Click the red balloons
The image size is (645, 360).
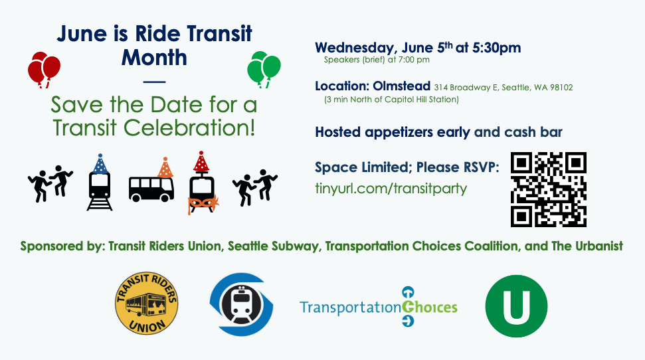[44, 69]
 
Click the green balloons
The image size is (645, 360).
[264, 68]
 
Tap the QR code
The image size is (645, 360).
[548, 189]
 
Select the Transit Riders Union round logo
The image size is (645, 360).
[146, 304]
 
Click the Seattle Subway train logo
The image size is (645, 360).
[242, 304]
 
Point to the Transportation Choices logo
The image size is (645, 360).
[379, 307]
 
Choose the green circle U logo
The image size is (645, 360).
[516, 306]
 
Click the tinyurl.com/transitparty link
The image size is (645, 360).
[391, 189]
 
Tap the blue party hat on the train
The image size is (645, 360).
[100, 164]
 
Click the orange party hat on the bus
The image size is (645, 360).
[165, 167]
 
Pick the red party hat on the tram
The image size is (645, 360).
[201, 161]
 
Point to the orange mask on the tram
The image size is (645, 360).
[203, 204]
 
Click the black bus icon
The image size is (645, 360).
[151, 189]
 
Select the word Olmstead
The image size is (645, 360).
[401, 86]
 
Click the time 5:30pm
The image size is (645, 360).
[496, 48]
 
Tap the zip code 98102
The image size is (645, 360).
[561, 87]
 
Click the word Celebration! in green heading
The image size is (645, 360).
[189, 128]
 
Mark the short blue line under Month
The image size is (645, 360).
[154, 82]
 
